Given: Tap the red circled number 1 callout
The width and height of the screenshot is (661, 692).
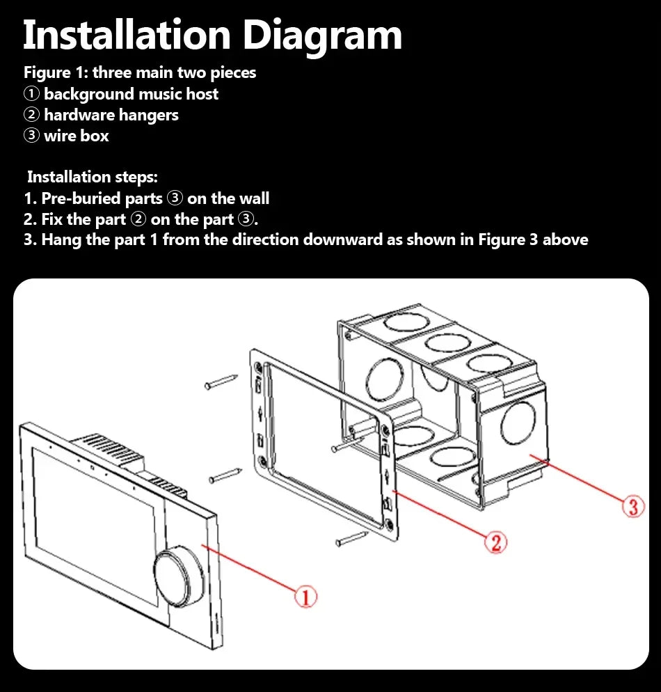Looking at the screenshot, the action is click(x=305, y=597).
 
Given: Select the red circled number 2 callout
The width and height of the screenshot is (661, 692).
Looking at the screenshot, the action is click(x=495, y=542).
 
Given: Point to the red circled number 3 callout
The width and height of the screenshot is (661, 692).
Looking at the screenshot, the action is click(x=633, y=506).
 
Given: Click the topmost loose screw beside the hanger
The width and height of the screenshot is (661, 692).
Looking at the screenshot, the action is click(x=221, y=382).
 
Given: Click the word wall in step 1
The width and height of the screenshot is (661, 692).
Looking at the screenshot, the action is click(x=253, y=198).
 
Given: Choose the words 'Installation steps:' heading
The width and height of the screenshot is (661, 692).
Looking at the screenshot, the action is click(x=92, y=177).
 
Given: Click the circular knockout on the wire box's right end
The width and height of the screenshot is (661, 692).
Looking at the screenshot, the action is click(x=518, y=423).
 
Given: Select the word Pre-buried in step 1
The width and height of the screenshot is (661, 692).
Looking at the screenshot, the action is click(x=102, y=198).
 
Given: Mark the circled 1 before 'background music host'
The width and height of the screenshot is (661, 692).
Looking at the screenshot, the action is click(x=31, y=94).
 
